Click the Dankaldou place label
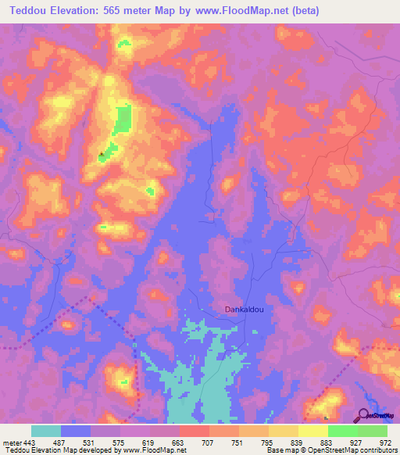click(x=244, y=309)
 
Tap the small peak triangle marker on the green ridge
click(x=101, y=155)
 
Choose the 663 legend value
click(x=180, y=442)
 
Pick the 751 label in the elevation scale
click(x=239, y=442)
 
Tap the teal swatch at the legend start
click(x=46, y=431)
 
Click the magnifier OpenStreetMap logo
click(x=365, y=415)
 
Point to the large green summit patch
click(x=123, y=121)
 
